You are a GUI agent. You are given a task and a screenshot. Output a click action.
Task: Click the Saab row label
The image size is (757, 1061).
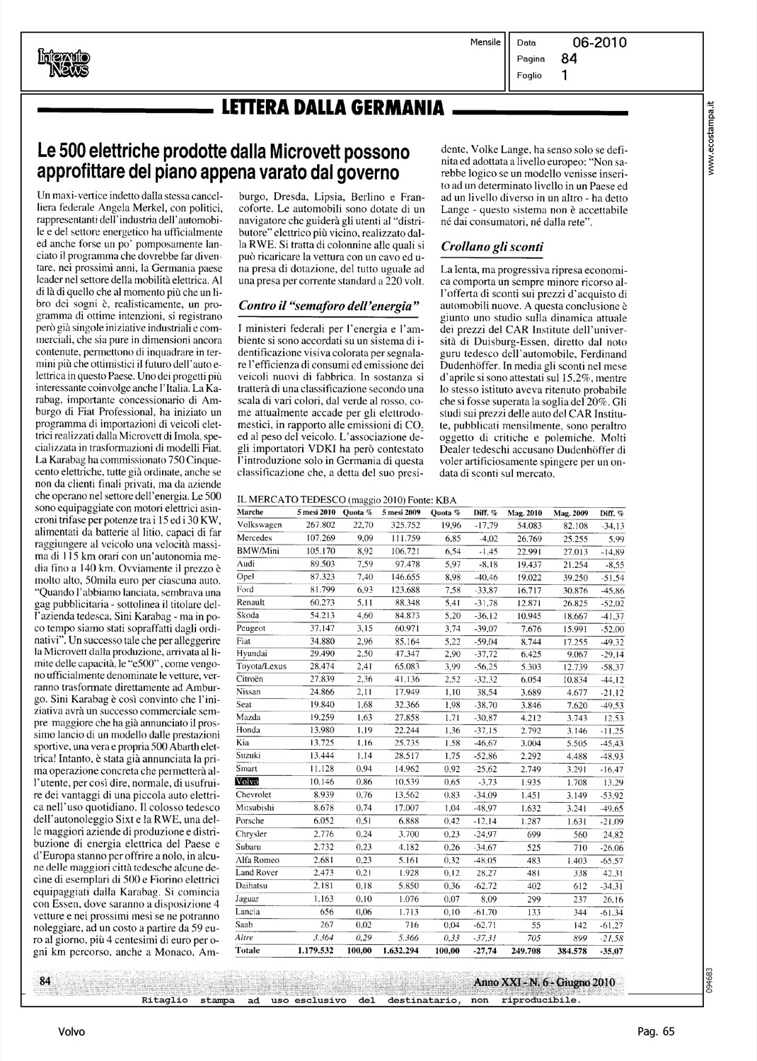(x=244, y=924)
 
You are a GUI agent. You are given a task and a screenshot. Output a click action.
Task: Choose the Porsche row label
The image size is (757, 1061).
(x=250, y=821)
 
